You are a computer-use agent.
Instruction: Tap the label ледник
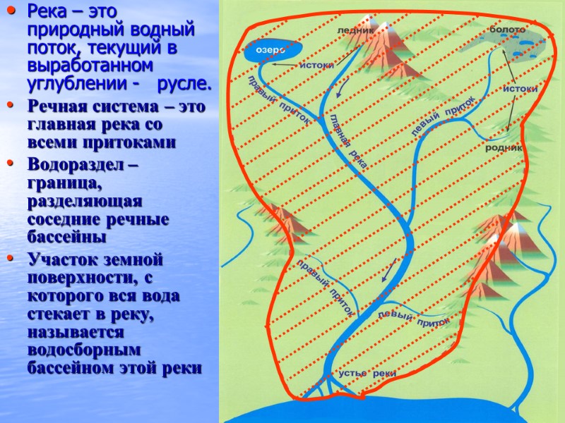click(355, 31)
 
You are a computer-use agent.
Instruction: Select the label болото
click(507, 30)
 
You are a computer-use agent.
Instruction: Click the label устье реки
click(367, 373)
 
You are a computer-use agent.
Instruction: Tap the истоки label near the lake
click(316, 65)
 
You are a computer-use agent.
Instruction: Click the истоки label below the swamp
click(521, 89)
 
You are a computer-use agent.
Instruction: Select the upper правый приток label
click(280, 102)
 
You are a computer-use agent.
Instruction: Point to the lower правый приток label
click(326, 286)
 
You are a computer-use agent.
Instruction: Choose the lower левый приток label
click(414, 318)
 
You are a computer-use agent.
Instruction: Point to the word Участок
click(60, 257)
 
